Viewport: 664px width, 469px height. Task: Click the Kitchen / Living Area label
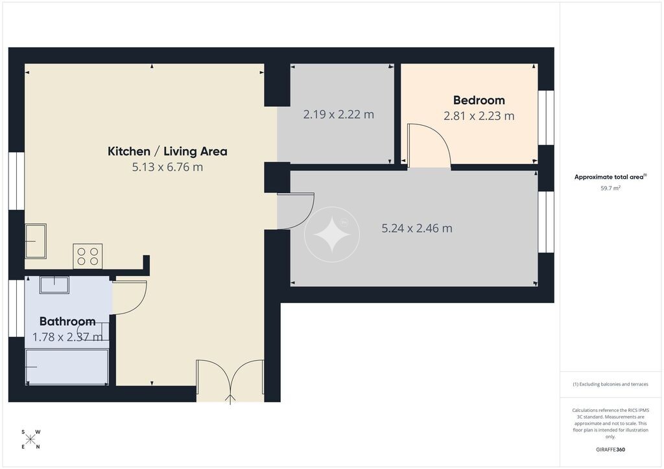(x=167, y=152)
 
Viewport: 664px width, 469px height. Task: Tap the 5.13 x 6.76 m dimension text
(x=167, y=167)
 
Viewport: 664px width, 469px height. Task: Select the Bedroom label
(x=479, y=100)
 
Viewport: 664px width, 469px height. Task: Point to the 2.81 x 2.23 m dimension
(x=479, y=115)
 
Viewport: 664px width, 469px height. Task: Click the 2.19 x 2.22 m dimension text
(x=338, y=114)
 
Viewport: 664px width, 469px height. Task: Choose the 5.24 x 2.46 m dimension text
(x=417, y=229)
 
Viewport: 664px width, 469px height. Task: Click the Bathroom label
(x=67, y=321)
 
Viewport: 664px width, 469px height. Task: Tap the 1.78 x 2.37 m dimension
(x=67, y=337)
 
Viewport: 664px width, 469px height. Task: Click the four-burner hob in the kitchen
(x=88, y=256)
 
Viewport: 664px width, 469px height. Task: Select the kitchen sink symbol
(x=36, y=241)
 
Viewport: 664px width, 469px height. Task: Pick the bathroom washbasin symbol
(x=54, y=284)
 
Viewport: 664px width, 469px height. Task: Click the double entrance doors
(x=230, y=381)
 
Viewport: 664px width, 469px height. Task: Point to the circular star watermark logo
(x=332, y=234)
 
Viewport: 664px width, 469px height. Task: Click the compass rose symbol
(x=30, y=439)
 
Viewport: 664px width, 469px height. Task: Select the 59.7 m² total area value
(x=610, y=189)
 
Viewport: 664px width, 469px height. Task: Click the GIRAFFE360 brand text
(x=610, y=450)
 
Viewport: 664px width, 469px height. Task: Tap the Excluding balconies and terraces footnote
(x=610, y=384)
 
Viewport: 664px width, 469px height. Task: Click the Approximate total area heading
(x=610, y=177)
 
